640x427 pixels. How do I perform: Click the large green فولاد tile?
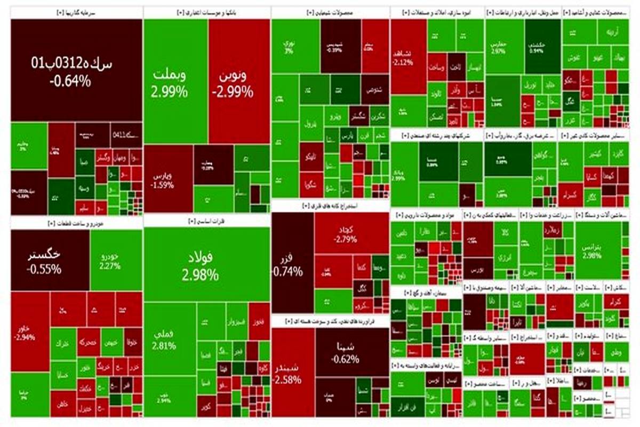(206, 264)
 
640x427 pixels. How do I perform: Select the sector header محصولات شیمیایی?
(330, 12)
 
